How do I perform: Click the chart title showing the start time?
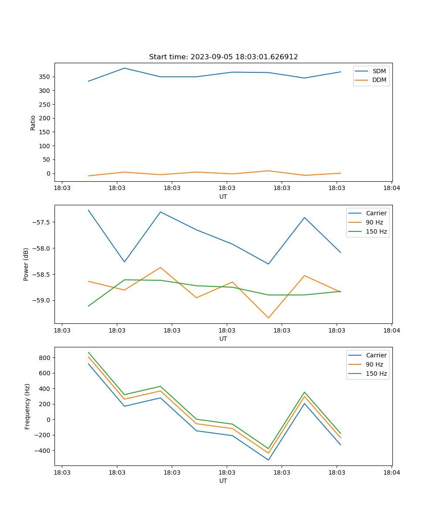click(223, 57)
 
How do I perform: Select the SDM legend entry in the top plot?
click(379, 71)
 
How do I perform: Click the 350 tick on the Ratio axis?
click(45, 77)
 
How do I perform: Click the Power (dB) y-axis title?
click(26, 264)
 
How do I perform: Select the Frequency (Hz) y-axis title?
click(27, 406)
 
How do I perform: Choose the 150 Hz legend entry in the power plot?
click(376, 231)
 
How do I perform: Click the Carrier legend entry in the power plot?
click(376, 214)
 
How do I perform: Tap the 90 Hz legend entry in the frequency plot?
click(375, 364)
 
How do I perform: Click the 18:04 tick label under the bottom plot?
click(391, 472)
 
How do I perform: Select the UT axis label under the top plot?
click(223, 197)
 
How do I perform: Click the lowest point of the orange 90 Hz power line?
click(269, 318)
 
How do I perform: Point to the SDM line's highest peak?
click(124, 68)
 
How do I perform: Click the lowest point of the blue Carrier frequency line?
click(269, 460)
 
